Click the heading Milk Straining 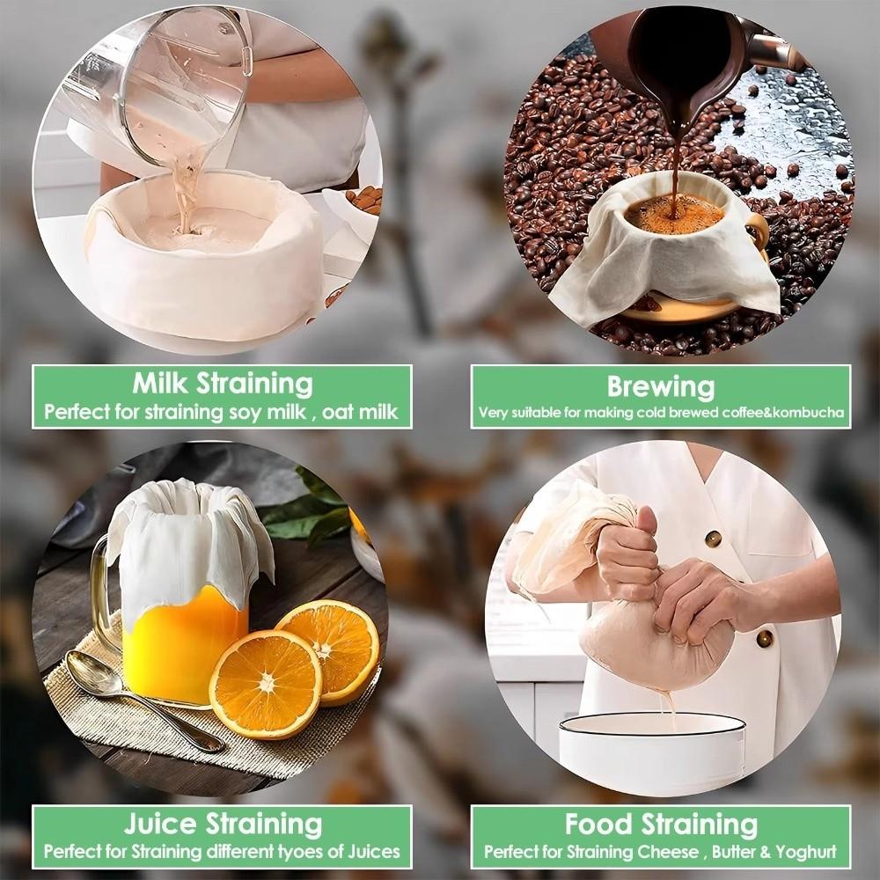coord(223,384)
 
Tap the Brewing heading coord(660,385)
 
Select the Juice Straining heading coord(222,824)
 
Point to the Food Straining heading coord(660,824)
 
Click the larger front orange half coord(265,683)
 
